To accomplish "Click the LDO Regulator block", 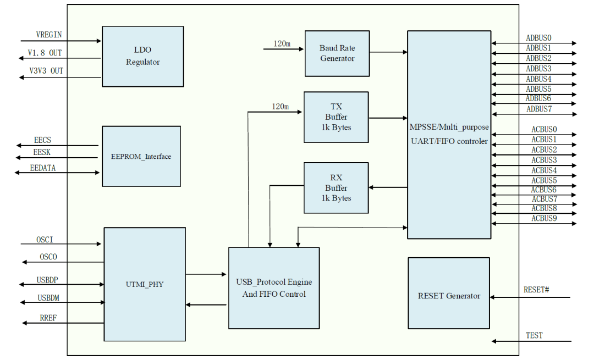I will (142, 56).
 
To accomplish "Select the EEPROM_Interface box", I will (141, 156).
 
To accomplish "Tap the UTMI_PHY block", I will (144, 284).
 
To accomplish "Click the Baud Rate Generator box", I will (337, 53).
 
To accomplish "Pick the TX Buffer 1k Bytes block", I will (336, 117).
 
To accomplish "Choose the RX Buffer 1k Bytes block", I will (336, 187).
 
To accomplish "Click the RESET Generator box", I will (448, 296).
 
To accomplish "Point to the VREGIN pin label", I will (49, 35).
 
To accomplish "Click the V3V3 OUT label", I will (46, 71).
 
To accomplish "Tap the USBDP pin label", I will (48, 280).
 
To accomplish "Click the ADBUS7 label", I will (538, 109).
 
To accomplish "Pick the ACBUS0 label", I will (543, 129).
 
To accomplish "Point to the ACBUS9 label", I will (543, 218).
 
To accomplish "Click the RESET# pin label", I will (536, 290).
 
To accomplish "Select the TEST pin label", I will (534, 335).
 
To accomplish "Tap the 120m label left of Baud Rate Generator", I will (282, 43).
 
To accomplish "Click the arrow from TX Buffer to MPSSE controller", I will (388, 118).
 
